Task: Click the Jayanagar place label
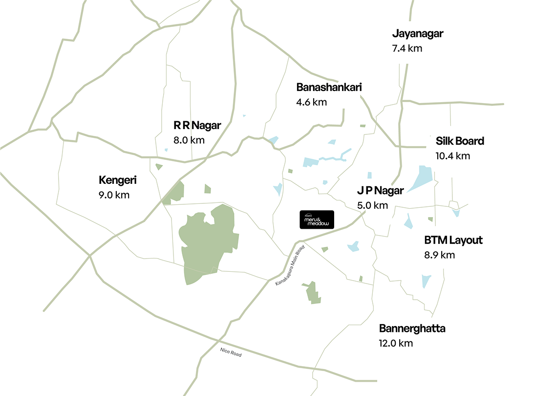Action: [418, 34]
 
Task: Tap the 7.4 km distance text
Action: [407, 48]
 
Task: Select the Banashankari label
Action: [329, 88]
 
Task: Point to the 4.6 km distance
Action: [311, 102]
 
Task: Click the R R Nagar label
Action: [197, 125]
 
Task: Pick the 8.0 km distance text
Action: [189, 140]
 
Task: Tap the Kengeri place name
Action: [118, 180]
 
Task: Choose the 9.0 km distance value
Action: [114, 195]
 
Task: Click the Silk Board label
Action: [460, 141]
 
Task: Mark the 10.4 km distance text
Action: [452, 156]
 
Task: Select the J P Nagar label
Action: [381, 191]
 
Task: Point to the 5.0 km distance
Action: [372, 205]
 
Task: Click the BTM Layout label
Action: [453, 240]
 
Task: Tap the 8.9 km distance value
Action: [440, 255]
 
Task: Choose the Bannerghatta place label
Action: [412, 328]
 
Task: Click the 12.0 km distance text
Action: [396, 343]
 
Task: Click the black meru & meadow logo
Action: [317, 220]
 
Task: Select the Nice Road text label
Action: [231, 352]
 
